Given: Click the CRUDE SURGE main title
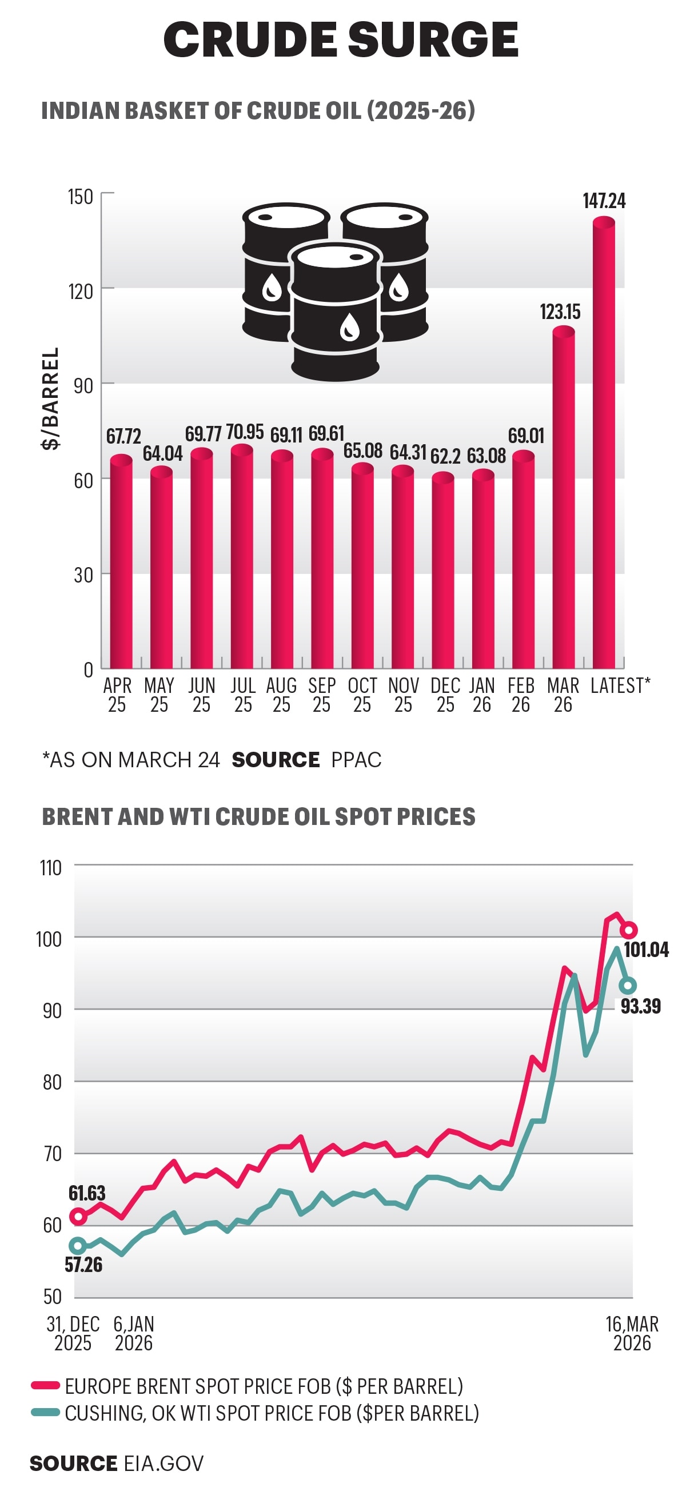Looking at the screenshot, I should click(341, 39).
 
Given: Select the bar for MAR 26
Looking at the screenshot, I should click(564, 496).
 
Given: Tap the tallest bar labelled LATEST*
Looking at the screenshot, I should click(604, 444).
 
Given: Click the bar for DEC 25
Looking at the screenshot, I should click(442, 572).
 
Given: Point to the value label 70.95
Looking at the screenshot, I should click(245, 432).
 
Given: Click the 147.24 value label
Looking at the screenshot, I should click(604, 201).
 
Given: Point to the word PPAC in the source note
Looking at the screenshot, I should click(356, 760).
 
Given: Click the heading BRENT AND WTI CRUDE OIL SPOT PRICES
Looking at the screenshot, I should click(258, 817).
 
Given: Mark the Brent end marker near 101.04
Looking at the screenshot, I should click(628, 930).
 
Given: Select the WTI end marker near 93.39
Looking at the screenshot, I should click(628, 986).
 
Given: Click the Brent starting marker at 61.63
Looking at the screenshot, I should click(78, 1217).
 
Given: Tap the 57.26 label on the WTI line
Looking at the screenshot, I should click(83, 1265).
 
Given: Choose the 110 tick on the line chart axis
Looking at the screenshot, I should click(51, 868).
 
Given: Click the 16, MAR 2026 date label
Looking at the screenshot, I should click(632, 1334).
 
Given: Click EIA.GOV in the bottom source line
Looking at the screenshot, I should click(164, 1464).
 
